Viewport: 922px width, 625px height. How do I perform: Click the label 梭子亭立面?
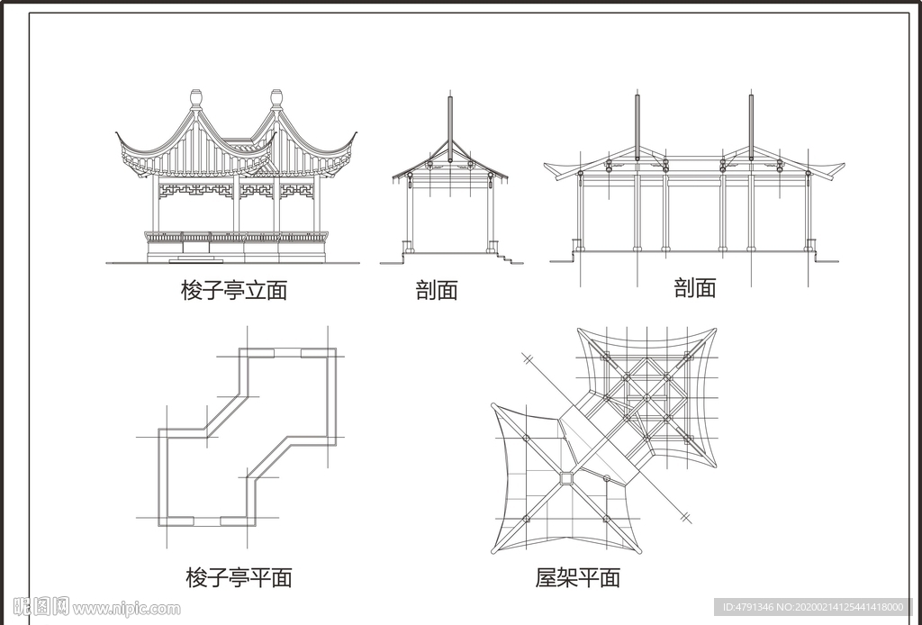pyautogui.click(x=233, y=290)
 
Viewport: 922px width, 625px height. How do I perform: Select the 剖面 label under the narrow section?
pyautogui.click(x=437, y=290)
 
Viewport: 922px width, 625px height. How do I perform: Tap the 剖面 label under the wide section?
pyautogui.click(x=695, y=288)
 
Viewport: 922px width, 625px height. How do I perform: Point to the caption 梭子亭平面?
pyautogui.click(x=239, y=577)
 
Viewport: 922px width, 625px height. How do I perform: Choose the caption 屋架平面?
pyautogui.click(x=578, y=577)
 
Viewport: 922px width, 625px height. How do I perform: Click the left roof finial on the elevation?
pyautogui.click(x=196, y=97)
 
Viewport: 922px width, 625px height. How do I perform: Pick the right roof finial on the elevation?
pyautogui.click(x=276, y=97)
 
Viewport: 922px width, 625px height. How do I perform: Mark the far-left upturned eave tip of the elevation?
pyautogui.click(x=118, y=135)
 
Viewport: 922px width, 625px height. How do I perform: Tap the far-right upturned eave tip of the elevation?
pyautogui.click(x=355, y=135)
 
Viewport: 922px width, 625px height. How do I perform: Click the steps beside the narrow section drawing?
pyautogui.click(x=510, y=258)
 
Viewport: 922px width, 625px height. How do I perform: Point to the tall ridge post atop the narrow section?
pyautogui.click(x=450, y=117)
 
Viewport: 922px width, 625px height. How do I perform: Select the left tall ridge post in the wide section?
pyautogui.click(x=637, y=122)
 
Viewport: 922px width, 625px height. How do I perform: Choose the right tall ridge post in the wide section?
pyautogui.click(x=751, y=122)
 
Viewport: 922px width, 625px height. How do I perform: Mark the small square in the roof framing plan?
pyautogui.click(x=566, y=478)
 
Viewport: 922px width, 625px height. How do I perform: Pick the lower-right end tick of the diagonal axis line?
pyautogui.click(x=686, y=517)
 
